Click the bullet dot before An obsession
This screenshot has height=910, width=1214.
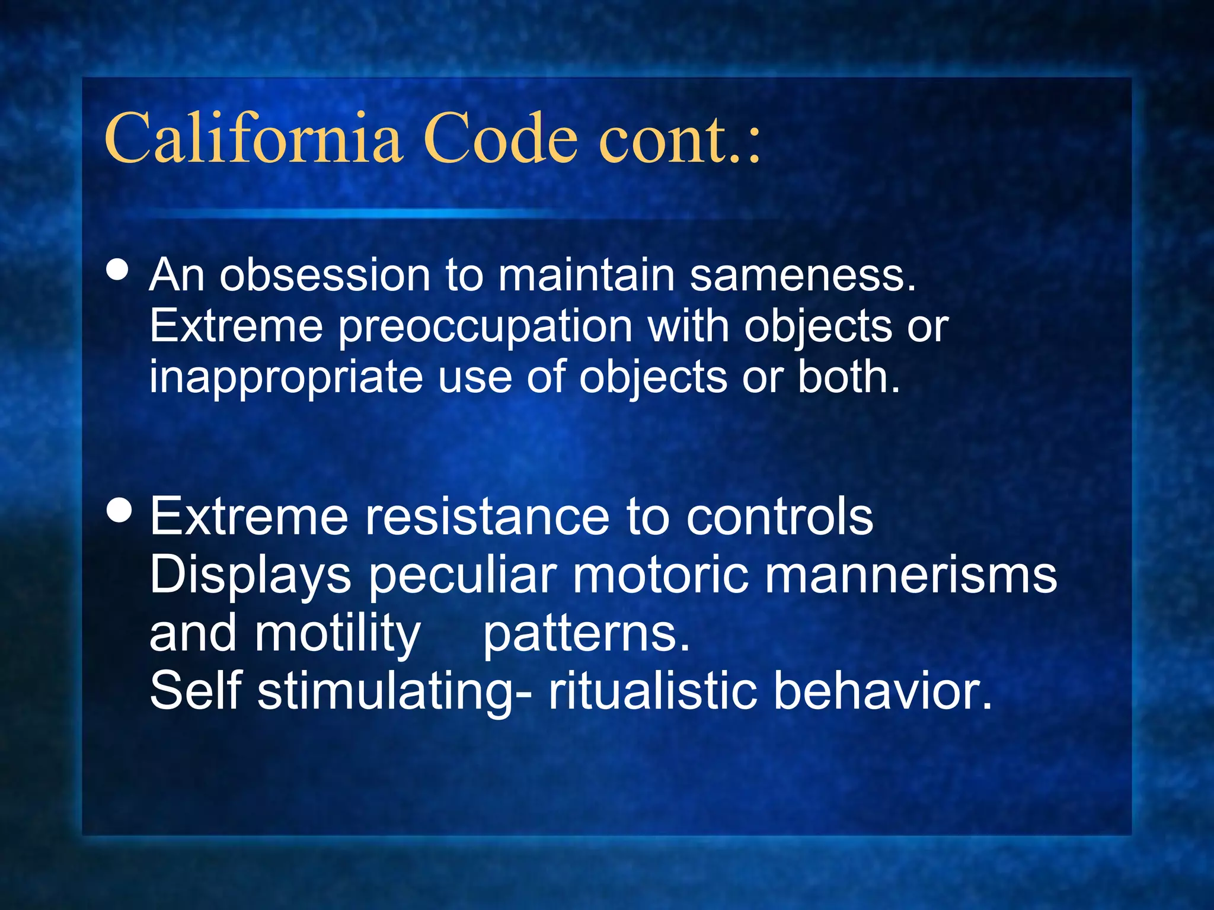[118, 270]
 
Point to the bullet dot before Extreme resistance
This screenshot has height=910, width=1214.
[120, 510]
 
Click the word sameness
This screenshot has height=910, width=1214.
[803, 275]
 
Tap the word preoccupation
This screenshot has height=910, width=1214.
[485, 328]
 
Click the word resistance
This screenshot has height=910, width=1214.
[487, 517]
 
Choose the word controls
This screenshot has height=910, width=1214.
[779, 517]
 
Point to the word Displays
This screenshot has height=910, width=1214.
[250, 576]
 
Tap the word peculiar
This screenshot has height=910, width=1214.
[462, 576]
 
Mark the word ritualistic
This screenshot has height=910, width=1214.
[653, 690]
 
